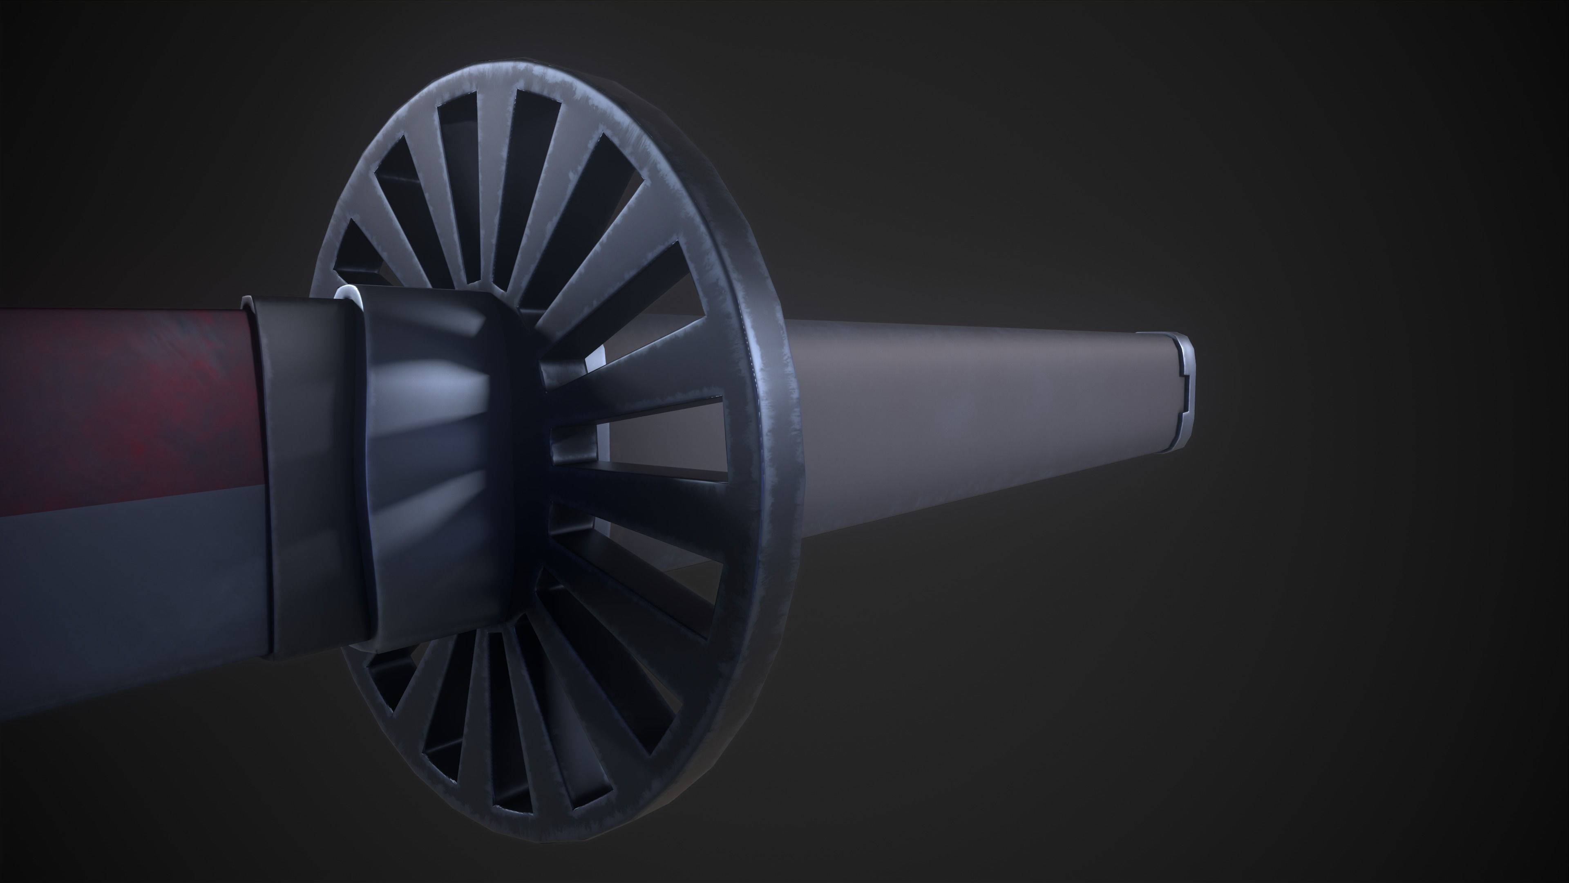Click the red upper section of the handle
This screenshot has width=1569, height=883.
122,396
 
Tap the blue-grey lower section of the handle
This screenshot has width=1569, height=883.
122,585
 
